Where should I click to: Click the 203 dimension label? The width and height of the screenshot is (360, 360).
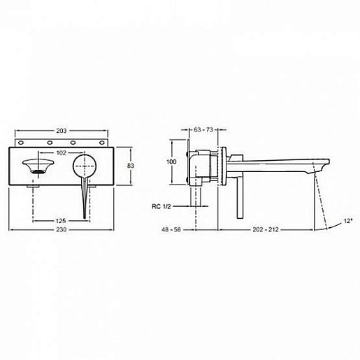click(x=62, y=131)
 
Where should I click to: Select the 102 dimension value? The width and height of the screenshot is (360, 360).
click(x=62, y=153)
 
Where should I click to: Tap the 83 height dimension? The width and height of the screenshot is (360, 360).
click(x=131, y=166)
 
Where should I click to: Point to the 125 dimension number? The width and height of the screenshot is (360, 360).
click(x=61, y=220)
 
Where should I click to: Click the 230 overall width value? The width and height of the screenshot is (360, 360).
click(x=62, y=229)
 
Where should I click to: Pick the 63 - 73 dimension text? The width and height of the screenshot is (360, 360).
click(x=203, y=129)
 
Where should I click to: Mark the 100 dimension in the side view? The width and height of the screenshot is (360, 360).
click(x=171, y=161)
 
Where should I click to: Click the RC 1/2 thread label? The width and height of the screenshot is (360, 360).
click(x=161, y=206)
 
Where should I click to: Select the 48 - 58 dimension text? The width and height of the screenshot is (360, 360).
click(x=171, y=229)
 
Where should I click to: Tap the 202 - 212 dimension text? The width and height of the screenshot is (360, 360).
click(x=266, y=229)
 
